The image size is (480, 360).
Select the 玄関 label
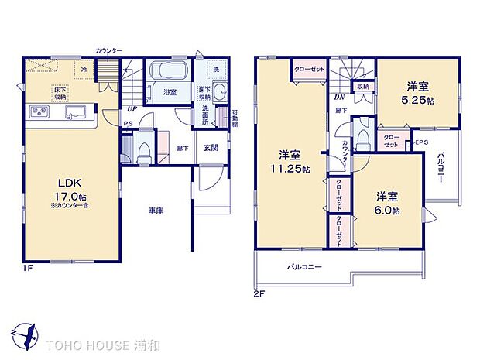click(x=210, y=147)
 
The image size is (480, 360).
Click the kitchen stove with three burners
click(x=39, y=113)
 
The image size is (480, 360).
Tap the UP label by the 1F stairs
click(x=132, y=109)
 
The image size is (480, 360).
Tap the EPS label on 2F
click(x=420, y=143)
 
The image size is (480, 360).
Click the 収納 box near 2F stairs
click(x=363, y=87)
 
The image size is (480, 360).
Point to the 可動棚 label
click(x=234, y=119)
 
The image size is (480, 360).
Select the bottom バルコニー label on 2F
click(x=303, y=266)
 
